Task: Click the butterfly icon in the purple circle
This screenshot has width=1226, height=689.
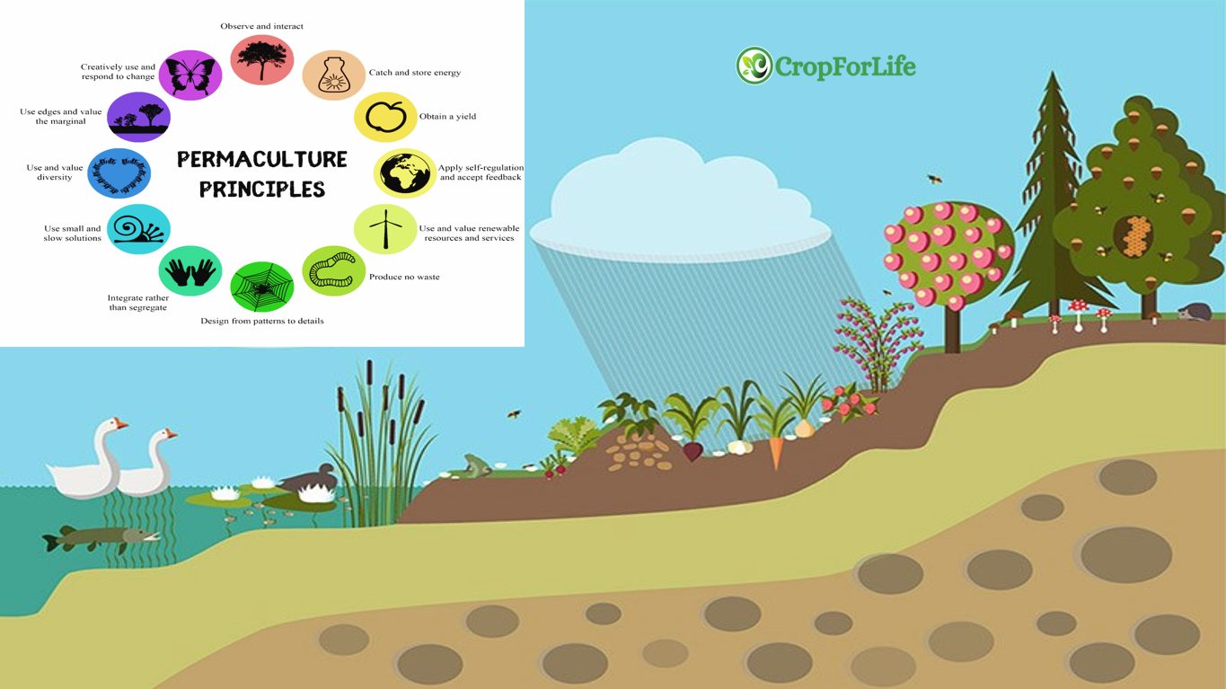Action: [x=190, y=75]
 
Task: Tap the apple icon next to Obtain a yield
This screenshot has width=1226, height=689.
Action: [x=385, y=117]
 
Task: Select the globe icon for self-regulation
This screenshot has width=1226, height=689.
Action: [x=405, y=173]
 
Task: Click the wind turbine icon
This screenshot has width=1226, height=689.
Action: [x=386, y=229]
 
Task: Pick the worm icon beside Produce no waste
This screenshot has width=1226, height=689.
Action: [x=333, y=270]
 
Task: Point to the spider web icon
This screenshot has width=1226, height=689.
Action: [x=261, y=287]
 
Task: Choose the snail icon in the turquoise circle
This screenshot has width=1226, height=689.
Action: [x=138, y=229]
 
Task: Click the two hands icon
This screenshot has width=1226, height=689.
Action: [x=190, y=272]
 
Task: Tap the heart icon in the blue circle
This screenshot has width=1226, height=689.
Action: [x=119, y=174]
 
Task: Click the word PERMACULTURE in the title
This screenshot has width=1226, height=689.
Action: [x=261, y=160]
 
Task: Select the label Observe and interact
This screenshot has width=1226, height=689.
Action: [x=261, y=26]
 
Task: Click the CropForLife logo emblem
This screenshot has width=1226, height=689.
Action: [x=754, y=66]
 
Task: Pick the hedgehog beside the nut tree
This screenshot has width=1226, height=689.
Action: [x=1195, y=312]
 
